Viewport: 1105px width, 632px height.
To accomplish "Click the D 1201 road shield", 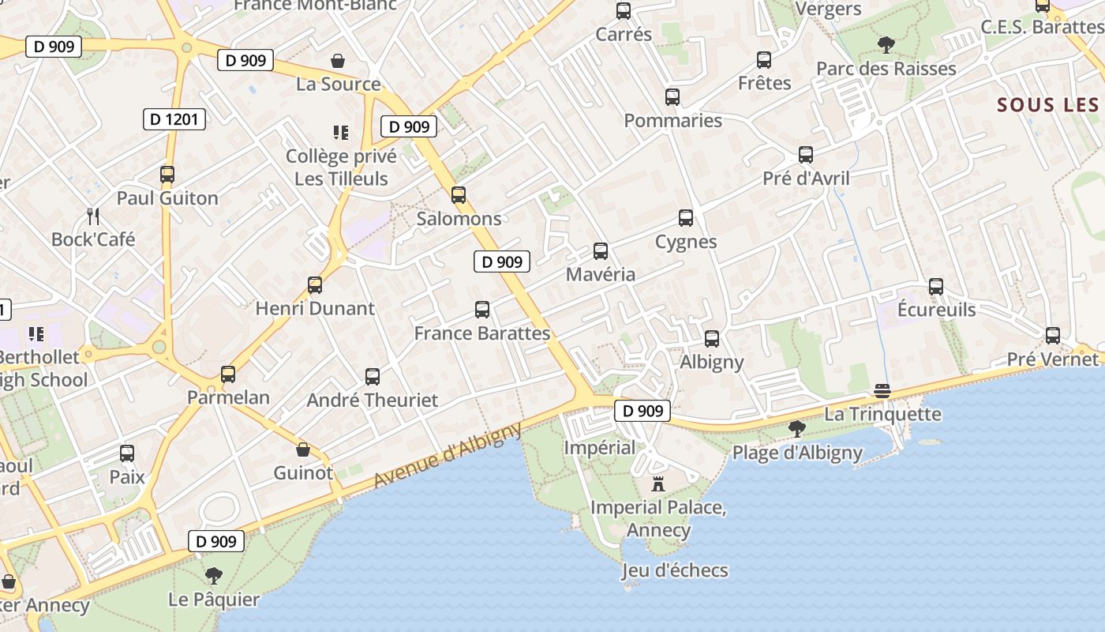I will click(x=174, y=120).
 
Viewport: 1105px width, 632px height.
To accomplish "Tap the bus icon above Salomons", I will click(x=459, y=195).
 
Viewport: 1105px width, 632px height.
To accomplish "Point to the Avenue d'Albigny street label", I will click(x=448, y=455).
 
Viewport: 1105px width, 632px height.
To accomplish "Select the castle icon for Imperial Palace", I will click(x=658, y=483).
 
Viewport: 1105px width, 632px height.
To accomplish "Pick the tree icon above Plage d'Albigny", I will click(x=797, y=429).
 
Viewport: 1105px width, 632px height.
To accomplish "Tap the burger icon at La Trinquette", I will click(x=882, y=391).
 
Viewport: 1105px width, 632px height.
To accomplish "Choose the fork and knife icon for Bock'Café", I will click(x=93, y=216).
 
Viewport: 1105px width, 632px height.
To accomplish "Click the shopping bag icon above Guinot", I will click(x=303, y=450).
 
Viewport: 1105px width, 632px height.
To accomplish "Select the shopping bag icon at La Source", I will click(x=338, y=61).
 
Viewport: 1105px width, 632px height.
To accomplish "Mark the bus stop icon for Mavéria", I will click(x=601, y=251).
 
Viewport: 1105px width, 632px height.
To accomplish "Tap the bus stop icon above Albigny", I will click(x=712, y=339).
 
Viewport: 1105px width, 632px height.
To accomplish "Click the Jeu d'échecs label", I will click(x=675, y=570).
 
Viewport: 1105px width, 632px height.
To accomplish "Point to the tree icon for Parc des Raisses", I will click(x=886, y=45).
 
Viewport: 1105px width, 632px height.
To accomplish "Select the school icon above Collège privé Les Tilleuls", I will click(x=341, y=133).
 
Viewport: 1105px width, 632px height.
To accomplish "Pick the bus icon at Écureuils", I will click(x=936, y=287).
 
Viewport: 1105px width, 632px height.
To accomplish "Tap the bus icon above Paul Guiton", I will click(x=167, y=175).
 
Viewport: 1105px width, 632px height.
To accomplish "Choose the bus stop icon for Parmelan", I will click(x=228, y=374).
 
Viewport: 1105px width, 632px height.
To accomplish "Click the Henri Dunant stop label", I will click(x=315, y=308).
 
